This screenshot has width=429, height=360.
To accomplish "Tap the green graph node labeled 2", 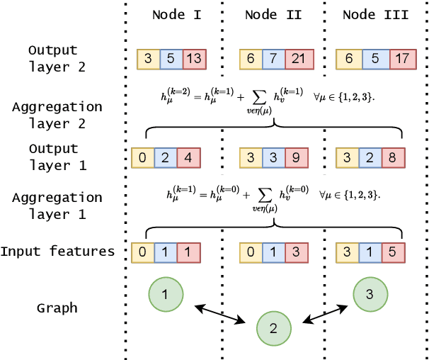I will coord(274,328).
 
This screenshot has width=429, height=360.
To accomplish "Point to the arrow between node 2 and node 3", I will coord(324,313).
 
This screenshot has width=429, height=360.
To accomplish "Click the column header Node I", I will coord(177,15).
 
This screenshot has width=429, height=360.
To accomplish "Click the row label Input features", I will coord(57,252).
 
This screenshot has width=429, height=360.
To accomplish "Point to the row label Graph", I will coord(57,308).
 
